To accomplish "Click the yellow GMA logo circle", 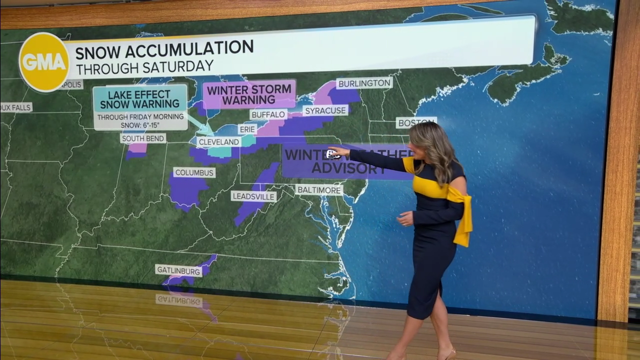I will (44, 62).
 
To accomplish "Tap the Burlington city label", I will (363, 83).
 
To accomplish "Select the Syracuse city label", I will (325, 110).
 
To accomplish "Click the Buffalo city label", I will (268, 114).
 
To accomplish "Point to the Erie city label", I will (247, 129).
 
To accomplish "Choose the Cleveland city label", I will (219, 142).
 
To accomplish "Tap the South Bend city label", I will (143, 138).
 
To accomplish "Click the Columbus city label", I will (194, 172).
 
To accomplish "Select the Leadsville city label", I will (253, 196).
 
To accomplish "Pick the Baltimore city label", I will (319, 190).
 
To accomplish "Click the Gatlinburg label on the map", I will (178, 270).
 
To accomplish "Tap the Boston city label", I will (415, 122).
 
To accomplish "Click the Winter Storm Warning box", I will (249, 94).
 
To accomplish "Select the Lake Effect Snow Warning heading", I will (139, 99).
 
